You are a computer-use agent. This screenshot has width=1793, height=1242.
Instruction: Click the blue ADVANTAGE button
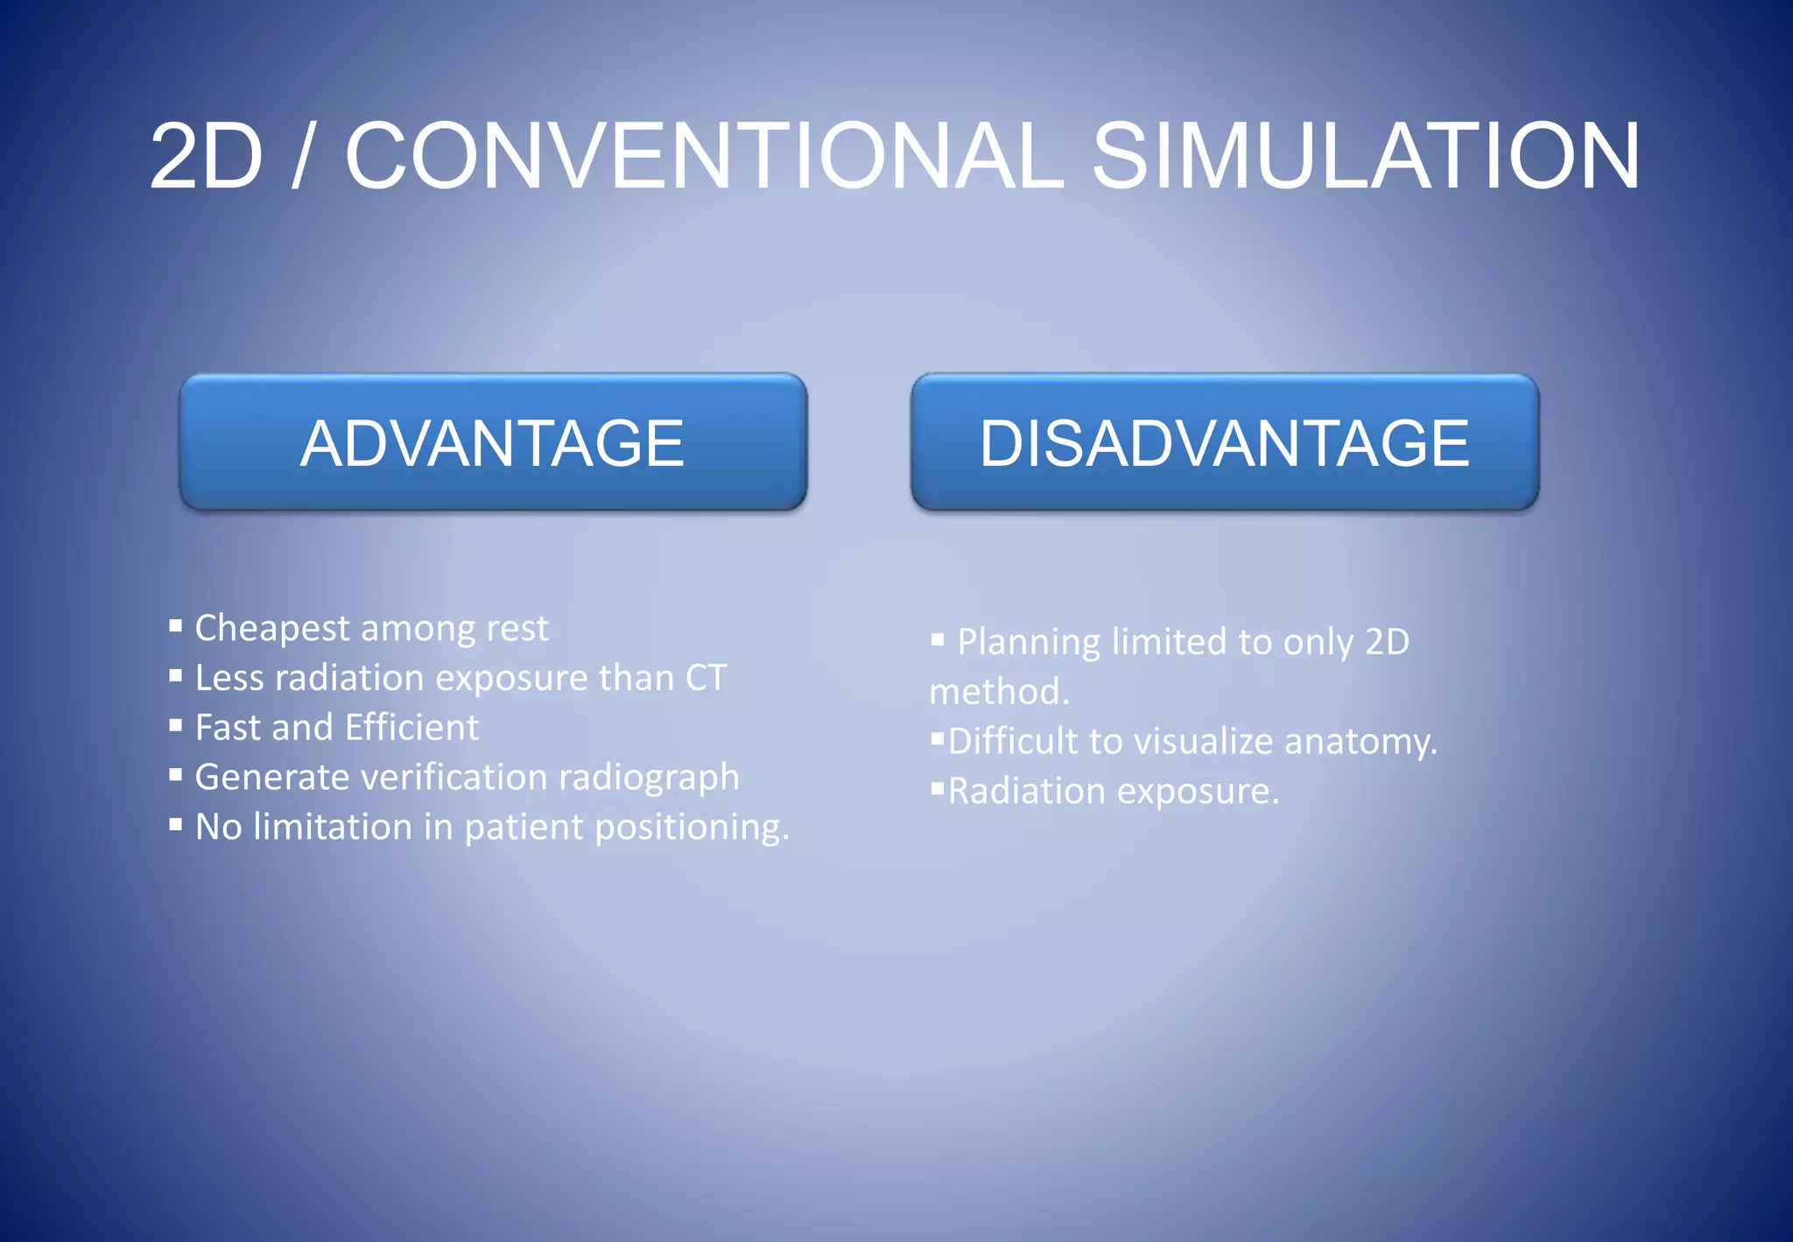pos(493,442)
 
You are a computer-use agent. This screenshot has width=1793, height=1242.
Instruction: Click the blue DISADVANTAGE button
pos(1224,442)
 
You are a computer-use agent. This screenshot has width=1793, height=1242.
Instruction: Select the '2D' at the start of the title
pos(207,158)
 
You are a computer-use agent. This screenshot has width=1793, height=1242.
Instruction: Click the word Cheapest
pos(272,629)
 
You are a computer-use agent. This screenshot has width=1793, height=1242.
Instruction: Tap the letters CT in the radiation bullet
pos(706,678)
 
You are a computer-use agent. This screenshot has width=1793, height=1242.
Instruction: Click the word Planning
pos(1028,643)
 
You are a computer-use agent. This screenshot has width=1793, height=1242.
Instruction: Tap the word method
pos(998,693)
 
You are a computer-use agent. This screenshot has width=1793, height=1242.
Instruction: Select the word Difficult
pos(1013,742)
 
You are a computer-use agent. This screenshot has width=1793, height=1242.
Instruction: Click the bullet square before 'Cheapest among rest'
pos(176,625)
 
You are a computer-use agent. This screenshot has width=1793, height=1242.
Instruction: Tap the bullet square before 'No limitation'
pos(176,824)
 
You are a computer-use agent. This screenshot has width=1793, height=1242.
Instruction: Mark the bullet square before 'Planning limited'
pos(938,639)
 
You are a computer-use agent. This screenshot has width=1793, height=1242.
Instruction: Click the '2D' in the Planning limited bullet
pos(1387,642)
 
